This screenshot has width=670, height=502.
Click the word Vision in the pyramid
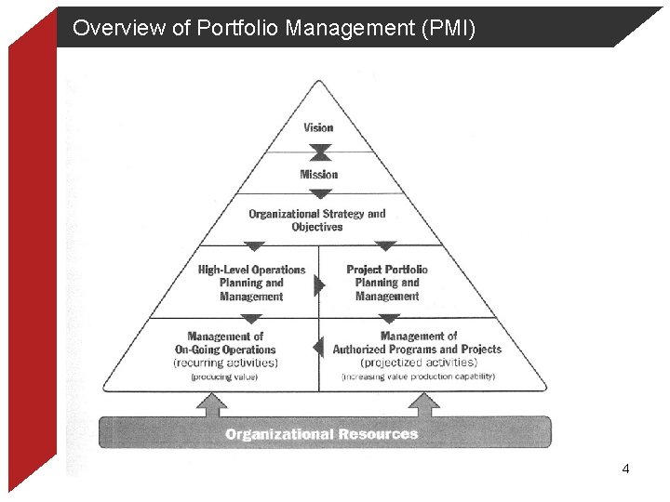(x=318, y=127)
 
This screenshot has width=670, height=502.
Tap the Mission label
(x=318, y=174)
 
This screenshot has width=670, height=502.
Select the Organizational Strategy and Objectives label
(x=316, y=220)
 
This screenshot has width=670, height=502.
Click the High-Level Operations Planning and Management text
(x=251, y=283)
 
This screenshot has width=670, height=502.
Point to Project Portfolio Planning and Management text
(x=387, y=283)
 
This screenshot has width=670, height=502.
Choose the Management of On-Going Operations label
(x=225, y=342)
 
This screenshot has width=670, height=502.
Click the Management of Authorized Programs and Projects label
(x=418, y=342)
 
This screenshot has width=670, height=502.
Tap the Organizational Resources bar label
(x=322, y=434)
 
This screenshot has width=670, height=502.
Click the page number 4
(x=625, y=469)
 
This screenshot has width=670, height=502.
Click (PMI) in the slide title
(x=449, y=29)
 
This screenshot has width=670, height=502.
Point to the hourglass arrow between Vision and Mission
(x=319, y=152)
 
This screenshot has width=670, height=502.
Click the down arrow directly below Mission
(x=319, y=194)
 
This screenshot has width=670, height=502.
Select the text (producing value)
(x=224, y=376)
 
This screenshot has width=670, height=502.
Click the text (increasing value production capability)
(x=418, y=376)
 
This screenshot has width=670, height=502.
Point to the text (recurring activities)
(x=225, y=363)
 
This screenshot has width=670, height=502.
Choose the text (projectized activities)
(x=418, y=363)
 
